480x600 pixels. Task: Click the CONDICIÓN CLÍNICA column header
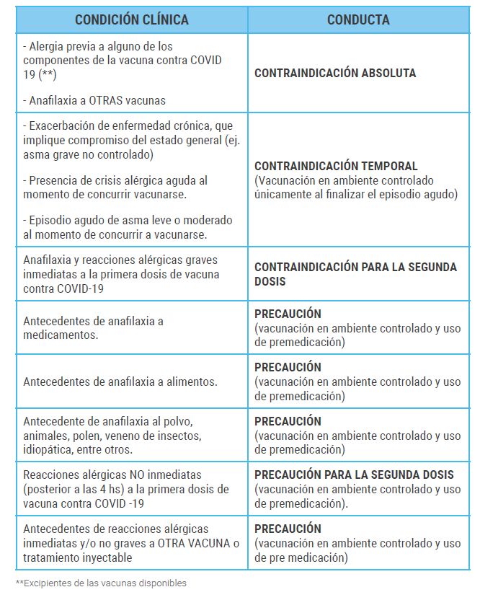pyautogui.click(x=132, y=19)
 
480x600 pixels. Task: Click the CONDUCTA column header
pyautogui.click(x=358, y=19)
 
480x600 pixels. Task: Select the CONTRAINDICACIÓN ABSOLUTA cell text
pyautogui.click(x=335, y=73)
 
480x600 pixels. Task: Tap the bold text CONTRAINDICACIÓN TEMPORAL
pyautogui.click(x=336, y=166)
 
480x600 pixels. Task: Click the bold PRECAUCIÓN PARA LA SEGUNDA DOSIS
pyautogui.click(x=354, y=475)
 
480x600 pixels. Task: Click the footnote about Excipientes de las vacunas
pyautogui.click(x=101, y=583)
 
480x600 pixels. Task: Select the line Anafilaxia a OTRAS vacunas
pyautogui.click(x=89, y=100)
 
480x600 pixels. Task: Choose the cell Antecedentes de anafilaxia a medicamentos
pyautogui.click(x=93, y=328)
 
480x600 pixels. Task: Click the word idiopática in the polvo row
pyautogui.click(x=48, y=449)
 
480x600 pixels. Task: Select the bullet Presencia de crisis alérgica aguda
pyautogui.click(x=115, y=187)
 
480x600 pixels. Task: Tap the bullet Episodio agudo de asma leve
pyautogui.click(x=128, y=227)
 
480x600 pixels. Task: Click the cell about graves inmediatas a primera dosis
pyautogui.click(x=121, y=274)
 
